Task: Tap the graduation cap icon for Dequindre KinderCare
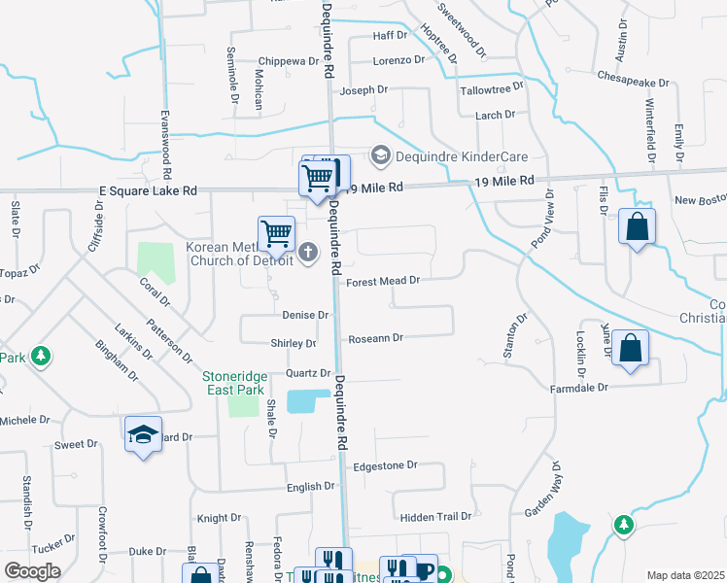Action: pos(381,155)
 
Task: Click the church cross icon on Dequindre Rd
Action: pos(309,254)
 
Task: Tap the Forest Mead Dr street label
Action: pos(382,281)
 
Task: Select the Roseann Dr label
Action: pos(376,338)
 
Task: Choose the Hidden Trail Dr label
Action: pos(435,517)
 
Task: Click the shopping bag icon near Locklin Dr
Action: pos(631,349)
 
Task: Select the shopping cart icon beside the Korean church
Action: pos(277,233)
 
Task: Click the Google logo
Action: pos(32,570)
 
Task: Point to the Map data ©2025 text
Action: pos(685,575)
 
